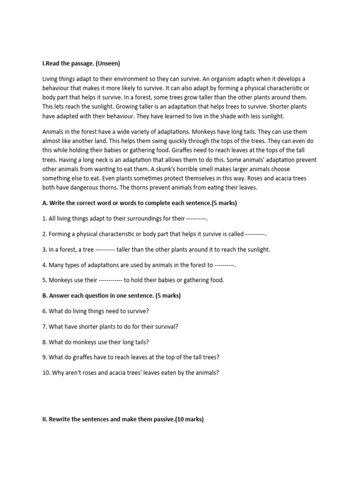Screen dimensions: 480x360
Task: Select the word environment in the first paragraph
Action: [x=128, y=79]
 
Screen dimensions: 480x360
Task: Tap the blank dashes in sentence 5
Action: [x=111, y=280]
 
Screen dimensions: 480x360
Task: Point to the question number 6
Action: [x=45, y=311]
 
